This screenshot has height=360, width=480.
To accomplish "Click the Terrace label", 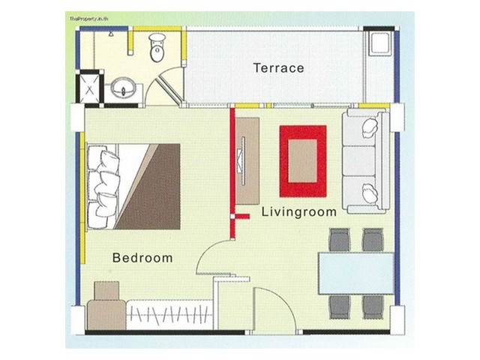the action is pos(278,68).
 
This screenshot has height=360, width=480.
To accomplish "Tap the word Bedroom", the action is pos(142,258).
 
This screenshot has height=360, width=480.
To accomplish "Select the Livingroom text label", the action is pos(299,211).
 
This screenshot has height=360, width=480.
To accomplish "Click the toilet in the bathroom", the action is pos(157,47).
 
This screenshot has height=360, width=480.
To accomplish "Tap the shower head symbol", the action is pos(111,34).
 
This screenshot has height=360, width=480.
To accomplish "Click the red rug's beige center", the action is pos(302,161).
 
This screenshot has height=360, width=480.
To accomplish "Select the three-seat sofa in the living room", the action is pos(366,161).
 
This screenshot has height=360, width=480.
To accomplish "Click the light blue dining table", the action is pos(356,273).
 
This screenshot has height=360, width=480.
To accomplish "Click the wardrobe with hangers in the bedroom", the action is pos(169,315).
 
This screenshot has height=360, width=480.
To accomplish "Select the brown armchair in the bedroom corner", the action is pos(106,306).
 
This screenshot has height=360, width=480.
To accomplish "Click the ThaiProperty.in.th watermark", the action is pos(88,19).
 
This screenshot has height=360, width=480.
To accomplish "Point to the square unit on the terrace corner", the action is pos(380,44).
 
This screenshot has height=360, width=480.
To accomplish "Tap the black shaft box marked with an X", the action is pos(89,88).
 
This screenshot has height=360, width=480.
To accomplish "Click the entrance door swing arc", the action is pos(282,301).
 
